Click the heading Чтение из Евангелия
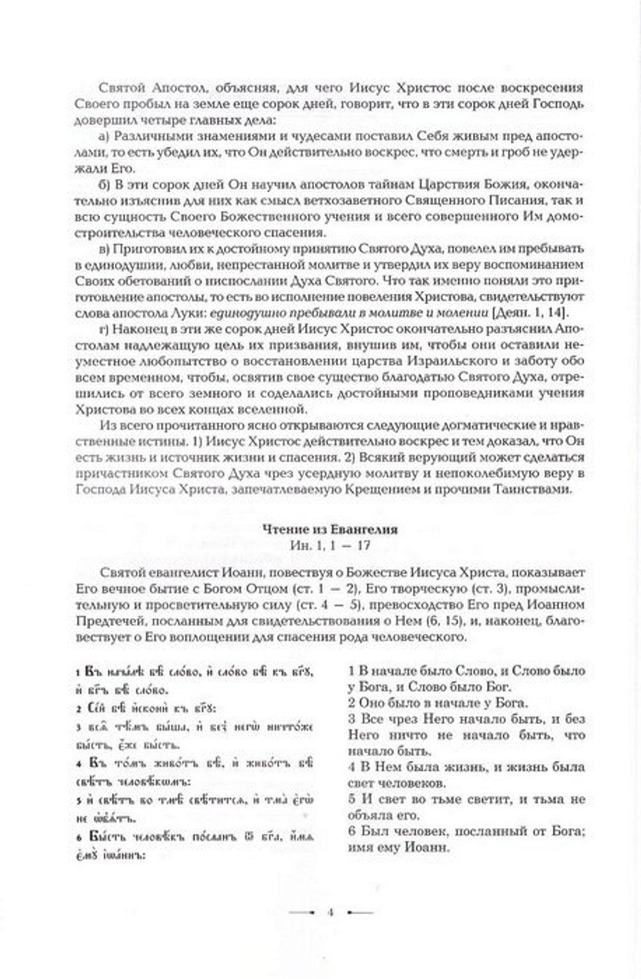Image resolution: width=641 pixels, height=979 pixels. pos(329,529)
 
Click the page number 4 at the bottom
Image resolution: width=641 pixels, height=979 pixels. pos(331,912)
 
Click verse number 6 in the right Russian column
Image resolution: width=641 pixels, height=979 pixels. pos(352,831)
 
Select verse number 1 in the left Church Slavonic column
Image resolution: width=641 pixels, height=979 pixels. pos(78,673)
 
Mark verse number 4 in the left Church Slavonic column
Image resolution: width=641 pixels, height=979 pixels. pos(78,764)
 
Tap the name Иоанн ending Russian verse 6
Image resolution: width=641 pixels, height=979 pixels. pos(426,846)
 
